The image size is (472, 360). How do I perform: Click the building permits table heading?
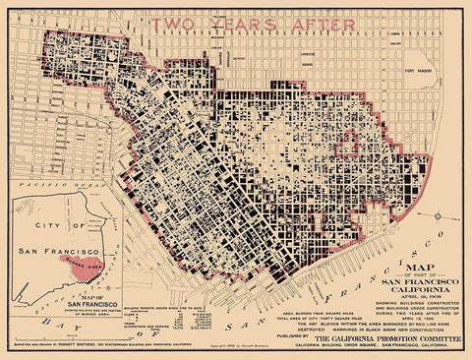click(x=179, y=306)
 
